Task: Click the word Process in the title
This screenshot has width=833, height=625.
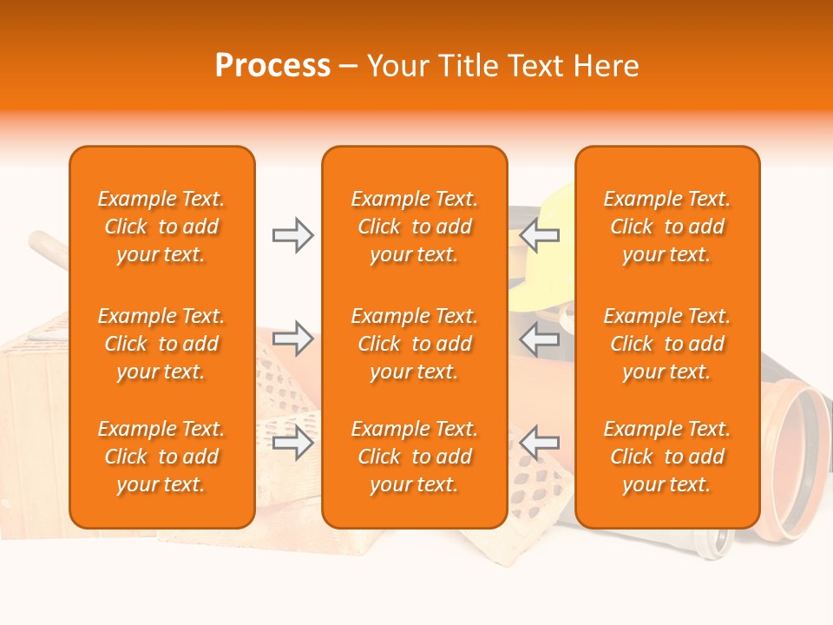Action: (272, 66)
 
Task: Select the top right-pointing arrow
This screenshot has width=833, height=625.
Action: (292, 235)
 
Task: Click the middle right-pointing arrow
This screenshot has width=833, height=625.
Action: (292, 339)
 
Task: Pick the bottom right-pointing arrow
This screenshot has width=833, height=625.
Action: (292, 443)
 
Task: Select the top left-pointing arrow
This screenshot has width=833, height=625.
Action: (540, 235)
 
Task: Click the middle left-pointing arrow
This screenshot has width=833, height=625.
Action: (540, 339)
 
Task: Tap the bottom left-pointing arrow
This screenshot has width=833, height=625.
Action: (540, 443)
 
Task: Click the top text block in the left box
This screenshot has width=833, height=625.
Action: (161, 227)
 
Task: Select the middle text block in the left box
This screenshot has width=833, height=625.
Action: (161, 344)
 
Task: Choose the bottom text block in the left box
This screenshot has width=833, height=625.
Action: (161, 457)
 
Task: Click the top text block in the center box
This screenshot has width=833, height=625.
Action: (414, 227)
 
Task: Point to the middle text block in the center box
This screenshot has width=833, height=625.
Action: (414, 344)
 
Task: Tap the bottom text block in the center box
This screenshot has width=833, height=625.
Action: (414, 457)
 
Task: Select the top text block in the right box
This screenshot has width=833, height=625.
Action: (666, 227)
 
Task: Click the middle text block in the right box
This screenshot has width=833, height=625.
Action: (666, 344)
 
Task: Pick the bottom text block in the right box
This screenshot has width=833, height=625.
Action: (666, 457)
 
